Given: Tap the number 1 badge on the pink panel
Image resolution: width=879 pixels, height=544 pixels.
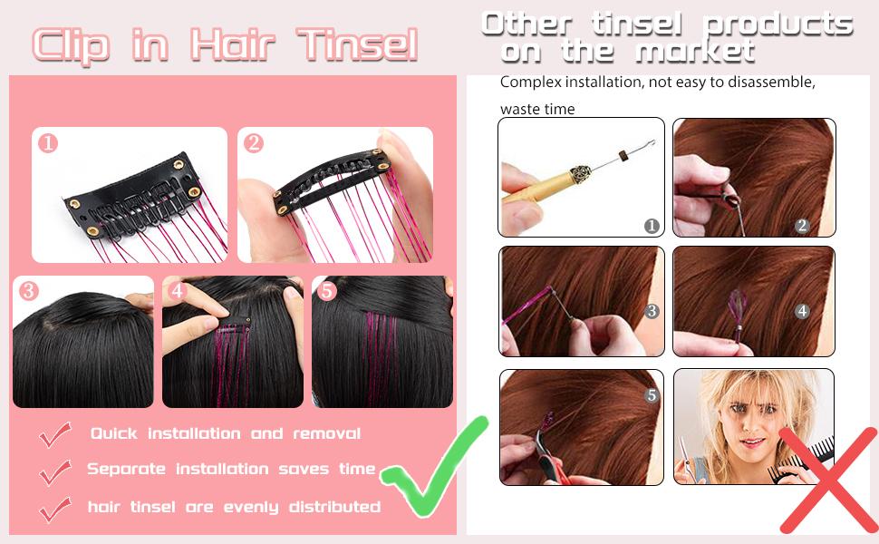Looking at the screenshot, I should (48, 142).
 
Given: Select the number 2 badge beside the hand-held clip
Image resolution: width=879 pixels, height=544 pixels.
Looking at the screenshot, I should (254, 142).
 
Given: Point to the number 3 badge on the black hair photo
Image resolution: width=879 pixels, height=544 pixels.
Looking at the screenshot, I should (29, 291).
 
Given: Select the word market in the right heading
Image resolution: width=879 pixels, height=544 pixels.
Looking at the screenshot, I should (694, 51).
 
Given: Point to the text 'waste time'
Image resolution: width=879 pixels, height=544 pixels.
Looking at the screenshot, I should (537, 110).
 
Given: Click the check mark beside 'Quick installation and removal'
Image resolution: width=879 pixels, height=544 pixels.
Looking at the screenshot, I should (55, 436).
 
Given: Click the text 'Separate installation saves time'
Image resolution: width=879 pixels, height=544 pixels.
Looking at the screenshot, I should (230, 470).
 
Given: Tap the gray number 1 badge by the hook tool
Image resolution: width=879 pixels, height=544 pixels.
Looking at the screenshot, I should (651, 226).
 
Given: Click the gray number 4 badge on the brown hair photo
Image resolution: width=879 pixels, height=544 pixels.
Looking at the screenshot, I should (802, 311).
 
